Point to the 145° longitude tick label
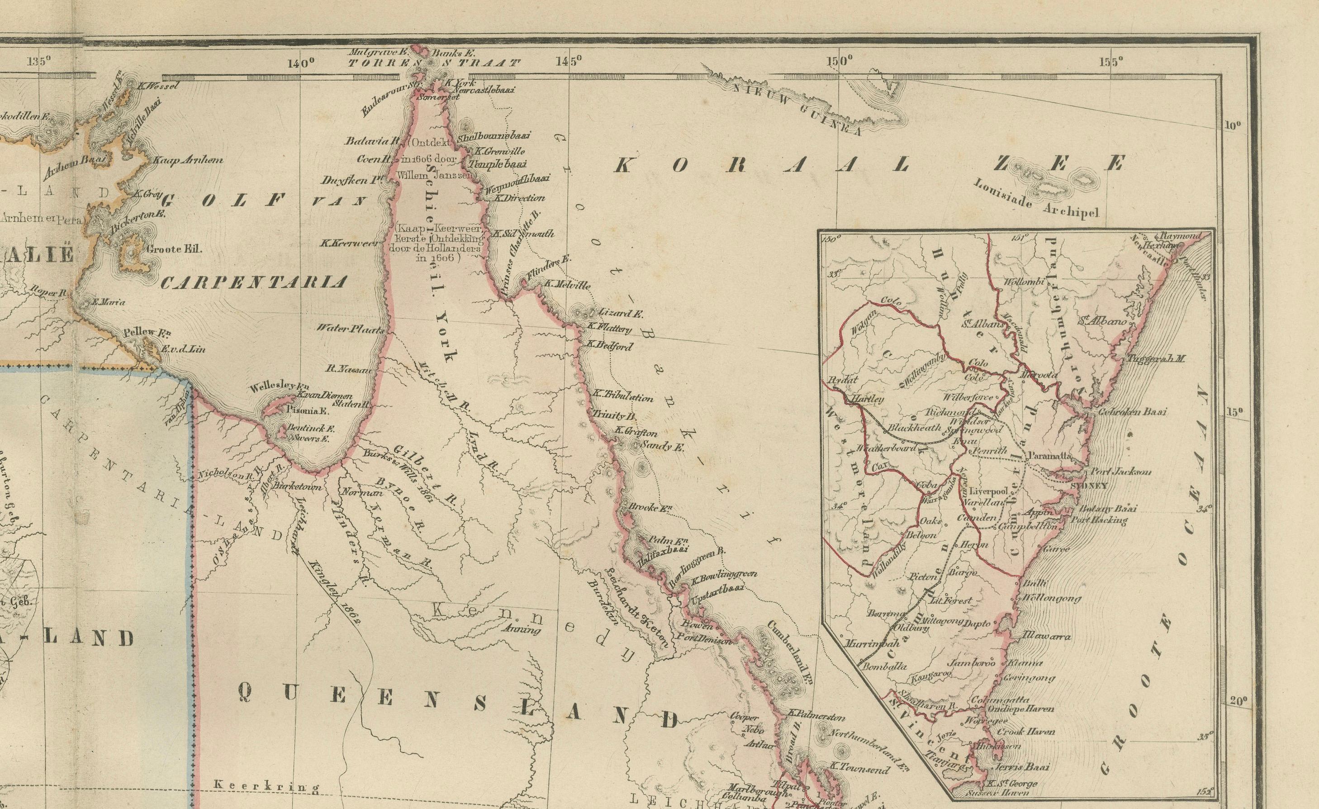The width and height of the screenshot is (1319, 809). click(569, 61)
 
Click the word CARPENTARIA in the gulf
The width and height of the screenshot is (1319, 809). click(254, 282)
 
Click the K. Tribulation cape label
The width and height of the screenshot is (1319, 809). click(623, 398)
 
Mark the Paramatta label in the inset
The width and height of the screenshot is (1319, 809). click(1049, 456)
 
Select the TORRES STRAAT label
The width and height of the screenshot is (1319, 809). click(434, 62)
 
